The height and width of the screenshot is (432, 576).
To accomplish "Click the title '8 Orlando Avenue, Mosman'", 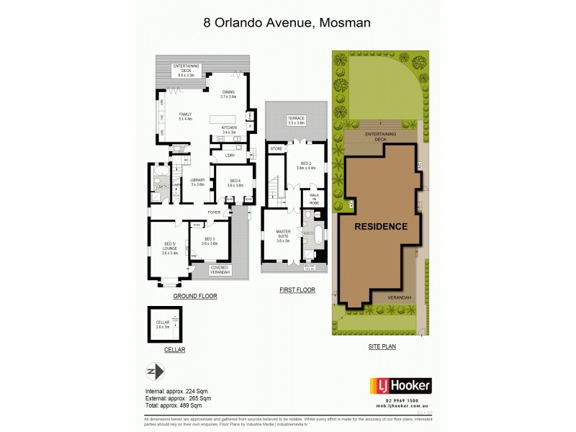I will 287,22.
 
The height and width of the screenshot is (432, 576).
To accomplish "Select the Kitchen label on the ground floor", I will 229,130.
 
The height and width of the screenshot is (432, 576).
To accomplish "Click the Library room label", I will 197,182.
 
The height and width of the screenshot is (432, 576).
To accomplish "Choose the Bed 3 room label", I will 210,240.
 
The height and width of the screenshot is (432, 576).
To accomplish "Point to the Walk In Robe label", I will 314,199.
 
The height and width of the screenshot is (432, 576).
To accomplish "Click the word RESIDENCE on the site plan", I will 382,226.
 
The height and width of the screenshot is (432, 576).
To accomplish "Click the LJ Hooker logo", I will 401,386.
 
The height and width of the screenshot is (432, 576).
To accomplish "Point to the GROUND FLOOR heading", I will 194,296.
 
